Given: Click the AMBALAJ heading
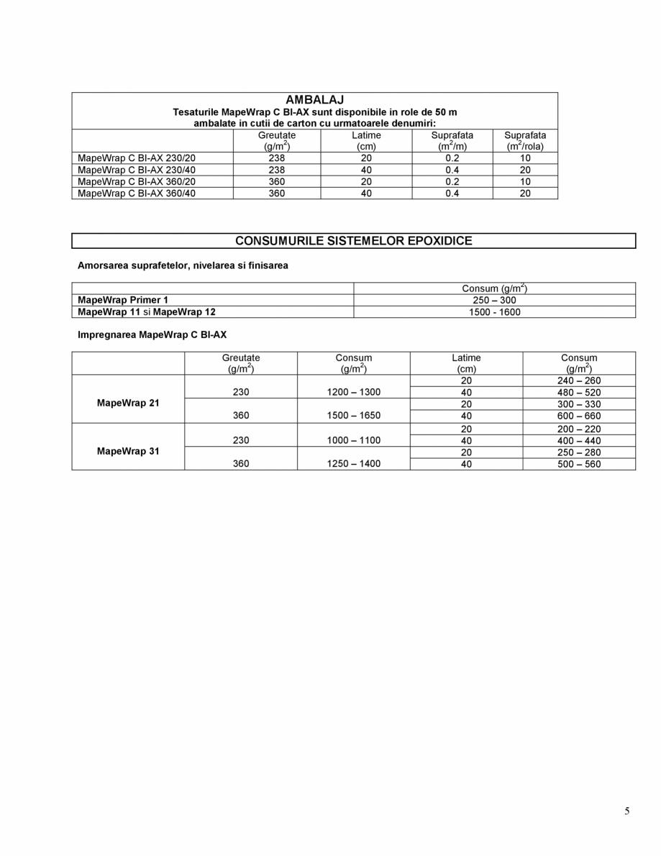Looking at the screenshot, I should click(x=314, y=100).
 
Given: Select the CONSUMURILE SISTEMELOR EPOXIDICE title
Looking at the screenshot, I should click(x=353, y=241).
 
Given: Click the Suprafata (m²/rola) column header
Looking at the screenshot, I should click(x=525, y=140).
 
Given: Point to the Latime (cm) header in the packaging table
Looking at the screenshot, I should click(x=366, y=140).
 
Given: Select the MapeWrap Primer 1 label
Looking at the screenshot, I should click(x=123, y=300).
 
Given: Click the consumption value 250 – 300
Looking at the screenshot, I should click(x=494, y=300).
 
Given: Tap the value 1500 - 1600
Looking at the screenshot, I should click(x=494, y=312).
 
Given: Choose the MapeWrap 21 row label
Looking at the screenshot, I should click(x=128, y=404).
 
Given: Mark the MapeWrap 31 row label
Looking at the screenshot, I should click(x=128, y=452).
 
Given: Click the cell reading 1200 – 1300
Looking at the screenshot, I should click(x=353, y=393).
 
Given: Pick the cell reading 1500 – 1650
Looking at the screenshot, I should click(x=353, y=416).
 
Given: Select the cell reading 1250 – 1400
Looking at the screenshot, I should click(x=353, y=464).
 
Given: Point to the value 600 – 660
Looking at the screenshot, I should click(x=579, y=416).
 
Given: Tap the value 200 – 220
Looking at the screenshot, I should click(x=579, y=429).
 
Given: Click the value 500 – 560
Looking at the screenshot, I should click(x=579, y=464).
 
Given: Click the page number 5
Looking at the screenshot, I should click(x=627, y=811).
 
